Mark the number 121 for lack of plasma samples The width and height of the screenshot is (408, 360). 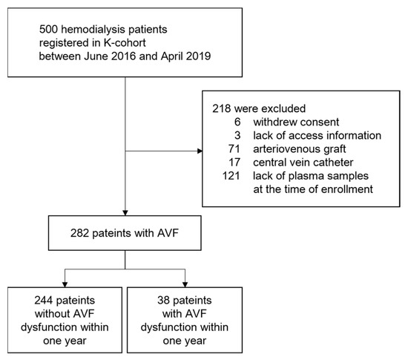(x=233, y=176)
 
